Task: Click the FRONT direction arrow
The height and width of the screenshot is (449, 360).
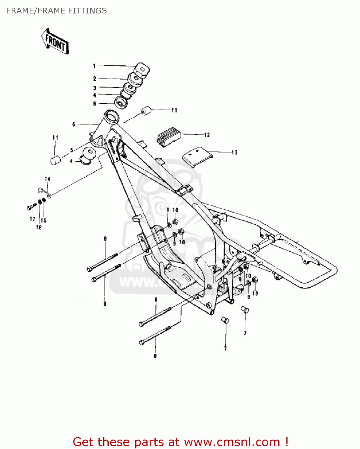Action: [55, 42]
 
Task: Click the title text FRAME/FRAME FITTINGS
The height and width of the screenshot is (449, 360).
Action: [56, 11]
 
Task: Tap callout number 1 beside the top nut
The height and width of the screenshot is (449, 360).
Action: [94, 66]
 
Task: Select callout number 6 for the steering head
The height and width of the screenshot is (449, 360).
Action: [74, 124]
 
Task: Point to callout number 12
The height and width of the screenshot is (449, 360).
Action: [207, 135]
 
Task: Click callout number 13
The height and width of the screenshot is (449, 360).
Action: [235, 153]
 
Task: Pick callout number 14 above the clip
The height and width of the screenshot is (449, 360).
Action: [48, 179]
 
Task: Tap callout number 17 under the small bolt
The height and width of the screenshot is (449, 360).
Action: [32, 219]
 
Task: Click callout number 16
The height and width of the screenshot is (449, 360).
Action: [39, 227]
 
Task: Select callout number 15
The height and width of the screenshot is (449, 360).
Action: [44, 221]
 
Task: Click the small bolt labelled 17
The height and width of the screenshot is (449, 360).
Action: [31, 206]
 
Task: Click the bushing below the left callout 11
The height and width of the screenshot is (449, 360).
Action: [55, 160]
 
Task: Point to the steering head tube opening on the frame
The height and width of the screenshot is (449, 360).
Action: [111, 115]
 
